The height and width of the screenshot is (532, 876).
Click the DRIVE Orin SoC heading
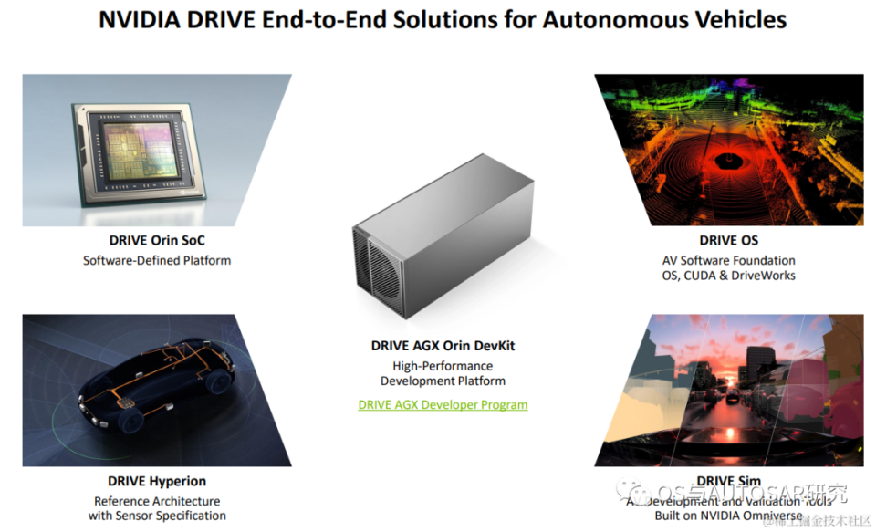coord(157,242)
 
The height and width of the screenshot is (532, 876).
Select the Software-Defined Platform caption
coord(157,261)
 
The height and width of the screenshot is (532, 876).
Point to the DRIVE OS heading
coord(729,241)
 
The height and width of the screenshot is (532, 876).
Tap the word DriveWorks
coord(764,276)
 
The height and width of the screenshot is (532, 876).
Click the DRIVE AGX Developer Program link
coord(443,404)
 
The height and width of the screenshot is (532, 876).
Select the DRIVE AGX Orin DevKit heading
coord(443,346)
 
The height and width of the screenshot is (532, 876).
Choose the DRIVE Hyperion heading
coord(157,481)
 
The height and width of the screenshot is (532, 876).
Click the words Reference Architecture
coord(157,501)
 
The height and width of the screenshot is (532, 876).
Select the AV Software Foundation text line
coord(729,260)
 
